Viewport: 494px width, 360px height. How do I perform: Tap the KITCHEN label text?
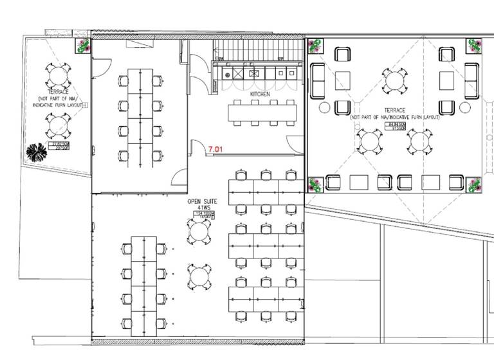point(260,94)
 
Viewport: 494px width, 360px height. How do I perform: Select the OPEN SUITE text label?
point(202,201)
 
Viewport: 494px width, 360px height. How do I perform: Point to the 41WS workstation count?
point(202,208)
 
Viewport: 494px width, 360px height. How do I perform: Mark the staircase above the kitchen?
point(257,50)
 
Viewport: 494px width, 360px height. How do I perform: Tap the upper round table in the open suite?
point(199,232)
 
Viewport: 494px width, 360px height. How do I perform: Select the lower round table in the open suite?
point(199,278)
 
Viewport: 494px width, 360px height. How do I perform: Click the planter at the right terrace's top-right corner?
point(474,46)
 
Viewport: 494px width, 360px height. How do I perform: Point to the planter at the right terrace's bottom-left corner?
point(315,184)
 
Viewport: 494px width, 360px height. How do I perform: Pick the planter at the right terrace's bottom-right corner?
point(474,185)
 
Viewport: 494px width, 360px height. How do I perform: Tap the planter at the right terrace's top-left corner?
point(315,46)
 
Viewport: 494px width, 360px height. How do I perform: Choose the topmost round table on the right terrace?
point(394,81)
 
